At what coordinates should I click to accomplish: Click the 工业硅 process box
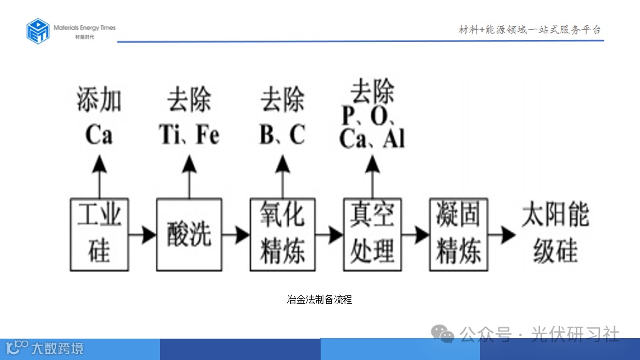[x=99, y=234]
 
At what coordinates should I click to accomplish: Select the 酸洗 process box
[x=189, y=234]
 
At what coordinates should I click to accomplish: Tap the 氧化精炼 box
[x=282, y=234]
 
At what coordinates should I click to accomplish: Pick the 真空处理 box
[x=373, y=234]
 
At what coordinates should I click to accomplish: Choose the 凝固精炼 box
[x=459, y=234]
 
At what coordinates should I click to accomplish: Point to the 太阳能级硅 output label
[x=555, y=233]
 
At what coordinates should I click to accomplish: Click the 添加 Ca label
[x=99, y=117]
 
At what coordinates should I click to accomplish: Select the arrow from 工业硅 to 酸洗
[x=142, y=235]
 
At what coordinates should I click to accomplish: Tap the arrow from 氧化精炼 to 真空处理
[x=329, y=235]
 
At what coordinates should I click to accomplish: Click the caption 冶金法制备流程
[x=319, y=300]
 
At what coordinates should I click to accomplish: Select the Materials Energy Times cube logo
[x=38, y=31]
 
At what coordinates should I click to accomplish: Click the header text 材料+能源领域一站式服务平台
[x=529, y=30]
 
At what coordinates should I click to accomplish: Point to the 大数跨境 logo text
[x=57, y=348]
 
